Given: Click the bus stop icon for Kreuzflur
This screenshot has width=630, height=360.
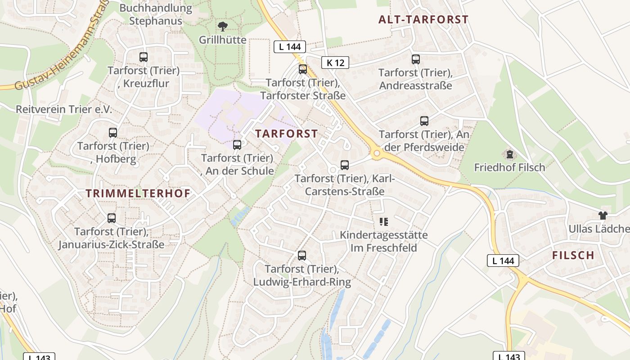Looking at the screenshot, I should click(144, 57).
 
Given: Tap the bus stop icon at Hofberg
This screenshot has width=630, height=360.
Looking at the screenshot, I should click(113, 133).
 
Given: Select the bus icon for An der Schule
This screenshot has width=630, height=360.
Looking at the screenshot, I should click(237, 145).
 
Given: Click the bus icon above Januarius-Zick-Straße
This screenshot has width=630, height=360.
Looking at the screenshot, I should click(112, 218).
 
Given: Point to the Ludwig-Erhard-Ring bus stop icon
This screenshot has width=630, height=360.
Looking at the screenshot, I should click(302, 256).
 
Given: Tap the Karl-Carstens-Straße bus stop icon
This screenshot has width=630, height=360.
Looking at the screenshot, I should click(345, 165).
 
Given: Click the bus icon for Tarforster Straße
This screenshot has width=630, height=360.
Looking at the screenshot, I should click(303, 69).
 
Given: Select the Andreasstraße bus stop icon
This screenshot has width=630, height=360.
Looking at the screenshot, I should click(416, 59).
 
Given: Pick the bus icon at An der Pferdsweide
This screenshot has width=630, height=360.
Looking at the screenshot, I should click(424, 121).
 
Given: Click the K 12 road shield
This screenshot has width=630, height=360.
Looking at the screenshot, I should click(335, 63).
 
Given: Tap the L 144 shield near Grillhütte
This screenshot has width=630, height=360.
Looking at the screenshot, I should click(290, 47).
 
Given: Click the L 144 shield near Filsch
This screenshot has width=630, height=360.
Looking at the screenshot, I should click(503, 260).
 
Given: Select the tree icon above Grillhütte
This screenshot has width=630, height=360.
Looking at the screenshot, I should click(223, 27).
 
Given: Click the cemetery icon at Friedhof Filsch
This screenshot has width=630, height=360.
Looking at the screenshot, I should click(509, 154).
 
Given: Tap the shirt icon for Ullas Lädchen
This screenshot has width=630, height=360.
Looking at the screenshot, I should click(603, 216).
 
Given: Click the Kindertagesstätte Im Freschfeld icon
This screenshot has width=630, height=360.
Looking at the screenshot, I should click(384, 221).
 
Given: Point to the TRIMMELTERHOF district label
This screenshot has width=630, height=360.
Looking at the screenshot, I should click(138, 193).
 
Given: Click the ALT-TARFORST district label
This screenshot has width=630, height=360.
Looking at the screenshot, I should click(423, 19).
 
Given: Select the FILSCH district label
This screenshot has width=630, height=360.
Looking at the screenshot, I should click(573, 256).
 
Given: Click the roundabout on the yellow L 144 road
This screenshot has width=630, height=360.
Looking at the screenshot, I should click(377, 154).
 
